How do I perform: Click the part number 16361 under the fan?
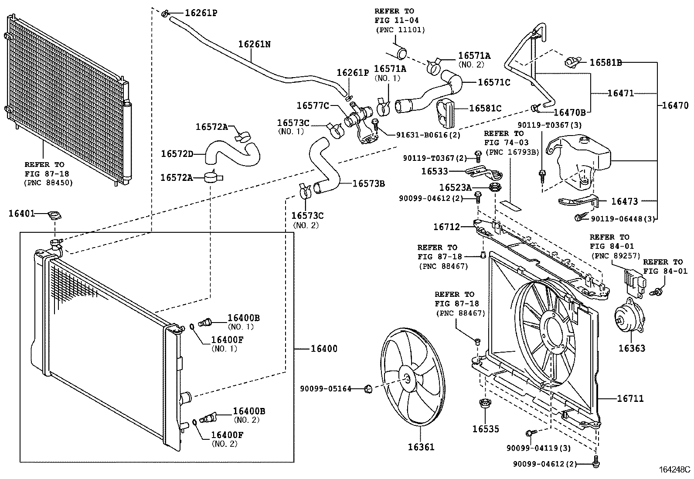click(x=421, y=447)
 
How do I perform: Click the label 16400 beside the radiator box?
click(x=324, y=349)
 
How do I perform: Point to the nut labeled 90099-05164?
click(x=367, y=388)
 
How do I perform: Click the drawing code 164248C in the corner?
click(x=674, y=470)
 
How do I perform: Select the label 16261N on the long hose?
click(x=254, y=44)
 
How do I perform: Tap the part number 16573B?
click(x=368, y=183)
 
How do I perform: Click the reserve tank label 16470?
click(x=675, y=105)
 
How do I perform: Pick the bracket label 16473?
click(x=624, y=201)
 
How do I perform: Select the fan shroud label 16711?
click(x=630, y=398)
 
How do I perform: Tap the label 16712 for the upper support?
click(x=446, y=227)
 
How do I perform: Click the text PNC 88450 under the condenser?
click(x=48, y=183)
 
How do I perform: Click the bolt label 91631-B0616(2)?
click(x=428, y=135)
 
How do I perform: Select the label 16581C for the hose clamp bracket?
click(x=485, y=108)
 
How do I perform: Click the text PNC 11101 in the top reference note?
click(x=400, y=30)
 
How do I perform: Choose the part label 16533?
click(x=435, y=171)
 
